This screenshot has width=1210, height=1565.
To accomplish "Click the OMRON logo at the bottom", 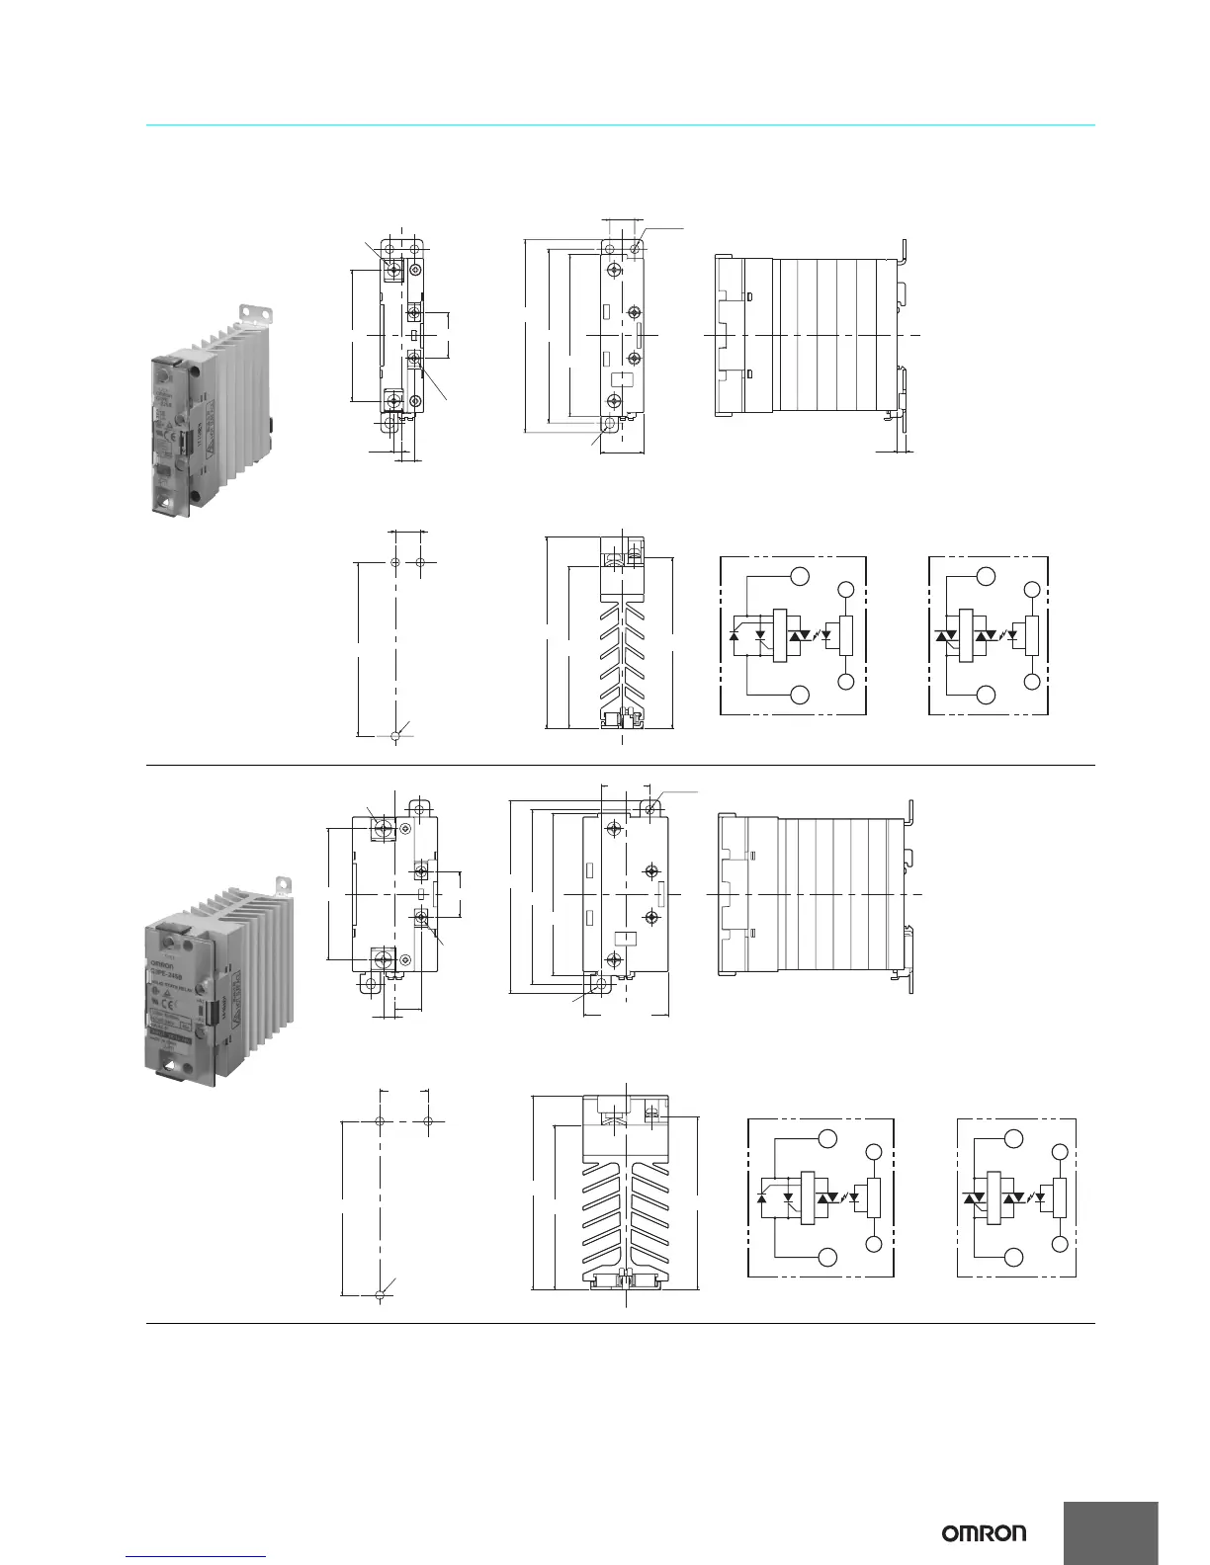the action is coord(984,1533).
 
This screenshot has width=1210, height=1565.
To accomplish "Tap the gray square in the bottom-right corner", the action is coord(1110,1532).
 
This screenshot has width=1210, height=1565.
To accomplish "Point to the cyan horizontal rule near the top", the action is coord(621,125).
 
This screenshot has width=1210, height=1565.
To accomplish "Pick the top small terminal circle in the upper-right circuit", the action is coord(1033,591).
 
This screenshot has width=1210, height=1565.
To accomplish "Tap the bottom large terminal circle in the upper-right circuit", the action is coord(986,696).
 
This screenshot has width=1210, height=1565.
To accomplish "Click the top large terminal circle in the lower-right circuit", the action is coord(1013,1138).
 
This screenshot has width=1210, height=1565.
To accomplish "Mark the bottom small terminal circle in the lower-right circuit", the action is coord(1061,1244).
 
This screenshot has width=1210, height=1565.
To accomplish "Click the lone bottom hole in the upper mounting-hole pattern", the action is coord(395,735).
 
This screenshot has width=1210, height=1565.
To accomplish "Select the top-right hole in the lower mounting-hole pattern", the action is coord(428,1121).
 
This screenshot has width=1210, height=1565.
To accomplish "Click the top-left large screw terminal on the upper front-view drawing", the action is coord(394,270).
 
